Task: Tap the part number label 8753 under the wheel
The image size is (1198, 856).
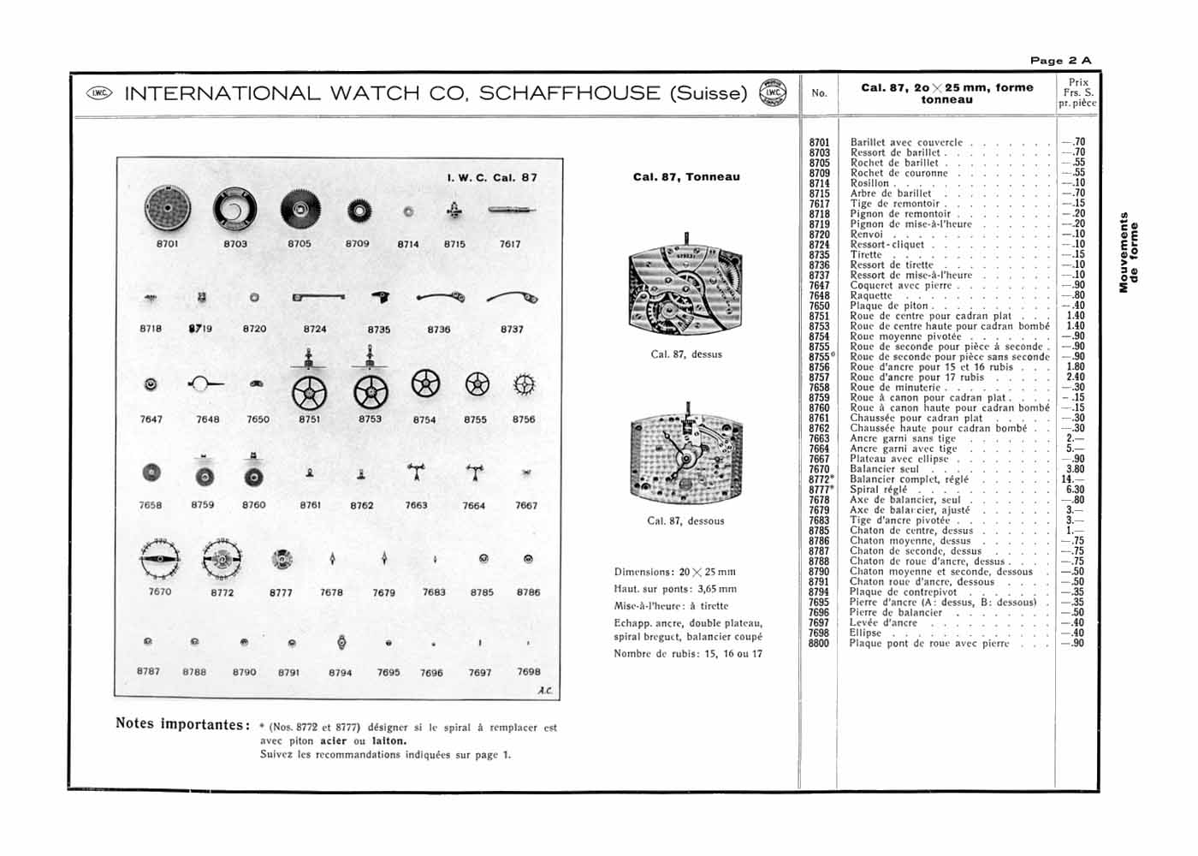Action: [370, 419]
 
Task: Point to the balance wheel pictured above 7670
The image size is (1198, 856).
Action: [160, 559]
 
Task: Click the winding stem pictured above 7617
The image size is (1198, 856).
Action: [512, 210]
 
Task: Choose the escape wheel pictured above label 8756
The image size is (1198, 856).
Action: [524, 385]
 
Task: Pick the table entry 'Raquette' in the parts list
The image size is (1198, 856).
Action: [871, 295]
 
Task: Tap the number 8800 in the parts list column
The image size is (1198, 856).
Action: [819, 644]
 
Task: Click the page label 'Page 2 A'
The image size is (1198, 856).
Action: [1060, 61]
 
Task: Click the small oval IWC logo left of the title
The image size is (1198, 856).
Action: [99, 93]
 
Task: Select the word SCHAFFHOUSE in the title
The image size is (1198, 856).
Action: [569, 93]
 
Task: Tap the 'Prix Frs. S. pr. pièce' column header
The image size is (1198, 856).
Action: [1078, 92]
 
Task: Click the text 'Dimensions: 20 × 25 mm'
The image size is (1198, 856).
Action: [675, 572]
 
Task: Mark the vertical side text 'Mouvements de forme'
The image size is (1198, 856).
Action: [1129, 253]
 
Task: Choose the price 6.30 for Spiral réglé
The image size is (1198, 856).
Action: [1075, 490]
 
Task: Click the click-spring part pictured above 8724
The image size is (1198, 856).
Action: [317, 297]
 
